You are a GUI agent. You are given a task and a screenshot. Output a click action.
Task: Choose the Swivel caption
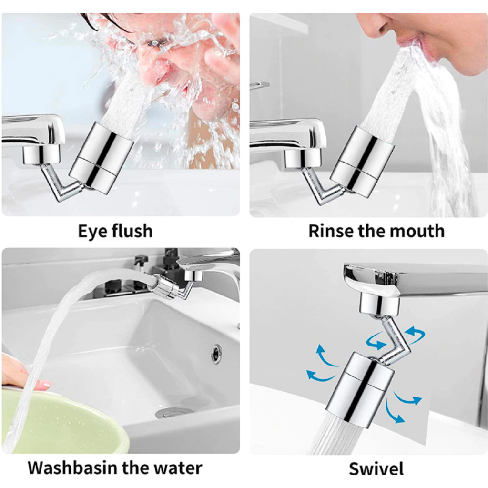(x=376, y=469)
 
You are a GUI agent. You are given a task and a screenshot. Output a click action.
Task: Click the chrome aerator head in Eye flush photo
(x=102, y=158)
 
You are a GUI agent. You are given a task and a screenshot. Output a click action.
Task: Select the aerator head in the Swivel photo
(x=360, y=389)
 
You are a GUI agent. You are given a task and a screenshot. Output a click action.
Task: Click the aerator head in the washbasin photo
(x=163, y=286)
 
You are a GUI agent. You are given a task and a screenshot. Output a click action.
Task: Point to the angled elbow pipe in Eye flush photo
(x=60, y=183)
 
